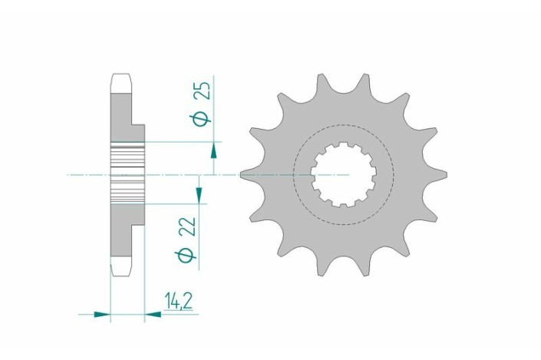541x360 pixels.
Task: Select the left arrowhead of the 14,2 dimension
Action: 102,313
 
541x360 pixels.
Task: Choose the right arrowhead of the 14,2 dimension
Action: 153,313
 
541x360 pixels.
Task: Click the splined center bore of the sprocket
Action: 342,175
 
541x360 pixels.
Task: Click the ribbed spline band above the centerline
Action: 127,159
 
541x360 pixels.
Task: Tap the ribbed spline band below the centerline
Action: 127,192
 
